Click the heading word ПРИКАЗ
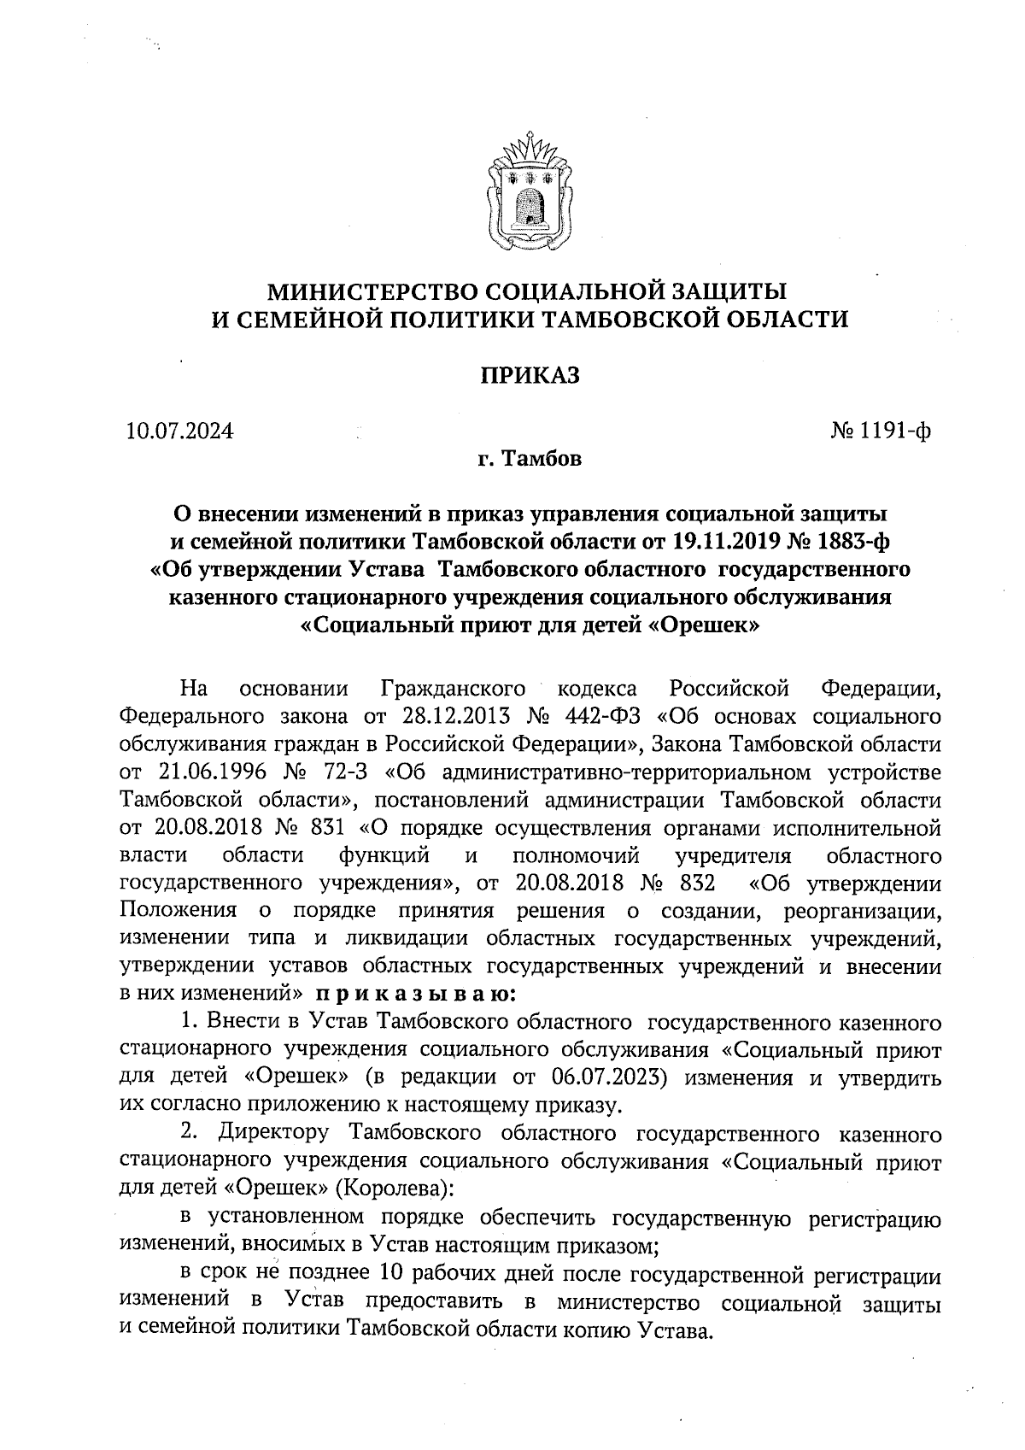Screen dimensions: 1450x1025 pyautogui.click(x=529, y=376)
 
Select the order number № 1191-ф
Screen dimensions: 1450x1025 pyautogui.click(x=880, y=431)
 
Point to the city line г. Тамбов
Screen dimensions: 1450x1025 pyautogui.click(x=530, y=461)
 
